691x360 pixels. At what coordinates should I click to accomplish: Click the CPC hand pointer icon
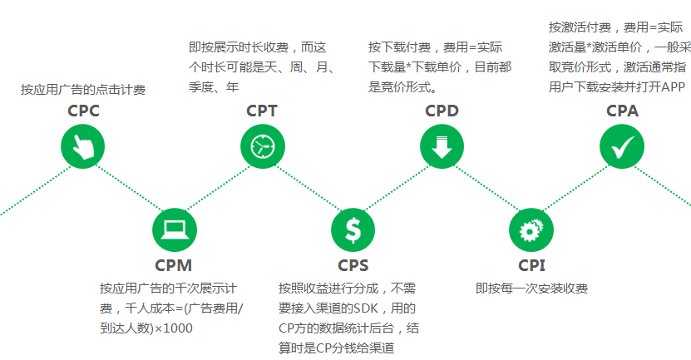83,147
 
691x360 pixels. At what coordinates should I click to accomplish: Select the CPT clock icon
262,147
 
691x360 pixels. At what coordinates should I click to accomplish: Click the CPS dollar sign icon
353,229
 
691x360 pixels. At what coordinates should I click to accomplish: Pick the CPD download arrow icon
442,147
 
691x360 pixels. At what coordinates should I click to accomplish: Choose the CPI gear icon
531,229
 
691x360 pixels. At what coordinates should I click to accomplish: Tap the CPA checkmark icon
621,147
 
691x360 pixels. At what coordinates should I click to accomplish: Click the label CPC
83,111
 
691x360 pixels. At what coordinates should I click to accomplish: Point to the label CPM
174,266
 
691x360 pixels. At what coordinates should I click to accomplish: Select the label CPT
262,111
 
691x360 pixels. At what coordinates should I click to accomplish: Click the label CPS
353,266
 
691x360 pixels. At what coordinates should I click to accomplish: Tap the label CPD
442,111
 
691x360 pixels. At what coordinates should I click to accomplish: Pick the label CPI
531,266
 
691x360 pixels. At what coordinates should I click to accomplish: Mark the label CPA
622,111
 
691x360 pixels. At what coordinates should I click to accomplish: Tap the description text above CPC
83,90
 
